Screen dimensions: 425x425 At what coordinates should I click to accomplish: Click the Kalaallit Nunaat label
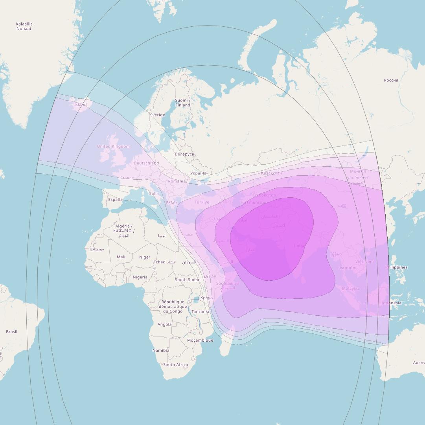coord(24,26)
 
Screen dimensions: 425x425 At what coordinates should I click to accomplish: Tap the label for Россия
coord(391,80)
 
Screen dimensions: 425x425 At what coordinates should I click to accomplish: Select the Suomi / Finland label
coord(182,103)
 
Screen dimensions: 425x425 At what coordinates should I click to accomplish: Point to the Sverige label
coord(157,115)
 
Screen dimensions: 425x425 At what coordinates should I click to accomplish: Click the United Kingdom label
coord(113,147)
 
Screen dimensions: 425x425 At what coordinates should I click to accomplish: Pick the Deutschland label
coord(146,163)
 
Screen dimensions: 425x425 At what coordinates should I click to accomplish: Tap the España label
coord(115,200)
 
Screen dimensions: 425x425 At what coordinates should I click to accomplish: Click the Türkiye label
coord(202,202)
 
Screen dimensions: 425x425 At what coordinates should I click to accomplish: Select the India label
coord(299,246)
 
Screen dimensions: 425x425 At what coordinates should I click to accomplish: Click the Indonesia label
coord(391,303)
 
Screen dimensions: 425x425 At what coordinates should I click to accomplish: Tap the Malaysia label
coord(350,289)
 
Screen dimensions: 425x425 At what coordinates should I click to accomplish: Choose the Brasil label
coord(11,332)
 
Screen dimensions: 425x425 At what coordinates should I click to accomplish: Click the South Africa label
coord(175,365)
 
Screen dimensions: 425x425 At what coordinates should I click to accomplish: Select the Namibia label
coord(161,350)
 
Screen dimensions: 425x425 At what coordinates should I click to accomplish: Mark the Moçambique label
coord(200,340)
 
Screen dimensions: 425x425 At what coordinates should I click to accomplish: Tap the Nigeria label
coord(140,277)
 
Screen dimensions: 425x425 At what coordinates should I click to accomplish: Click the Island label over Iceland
coord(80,105)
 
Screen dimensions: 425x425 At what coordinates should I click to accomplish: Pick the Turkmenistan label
coord(254,202)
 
